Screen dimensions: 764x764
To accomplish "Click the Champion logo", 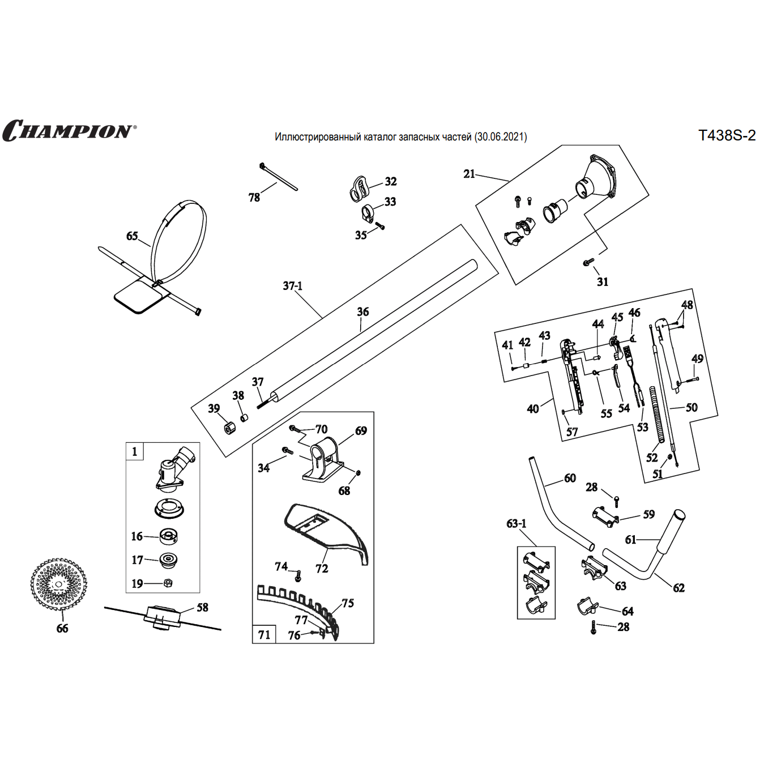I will point(69,131).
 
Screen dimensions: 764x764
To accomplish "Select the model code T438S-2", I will point(727,136).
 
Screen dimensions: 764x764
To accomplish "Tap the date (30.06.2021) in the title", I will point(501,137).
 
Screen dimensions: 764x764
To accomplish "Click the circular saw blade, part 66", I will point(59,584).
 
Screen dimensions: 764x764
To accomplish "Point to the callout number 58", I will point(202,608).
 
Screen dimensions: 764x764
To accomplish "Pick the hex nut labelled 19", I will point(168,583).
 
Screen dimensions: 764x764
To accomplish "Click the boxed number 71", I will point(264,635).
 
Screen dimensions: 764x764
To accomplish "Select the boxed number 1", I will point(135,452).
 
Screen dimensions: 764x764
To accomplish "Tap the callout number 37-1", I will point(293,286).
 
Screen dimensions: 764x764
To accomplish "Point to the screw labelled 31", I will point(589,262).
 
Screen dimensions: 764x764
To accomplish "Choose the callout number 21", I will point(469,174).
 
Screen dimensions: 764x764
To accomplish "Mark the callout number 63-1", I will point(517,524).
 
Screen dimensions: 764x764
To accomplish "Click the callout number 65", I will point(132,236).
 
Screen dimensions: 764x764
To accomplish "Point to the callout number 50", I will point(692,408).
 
